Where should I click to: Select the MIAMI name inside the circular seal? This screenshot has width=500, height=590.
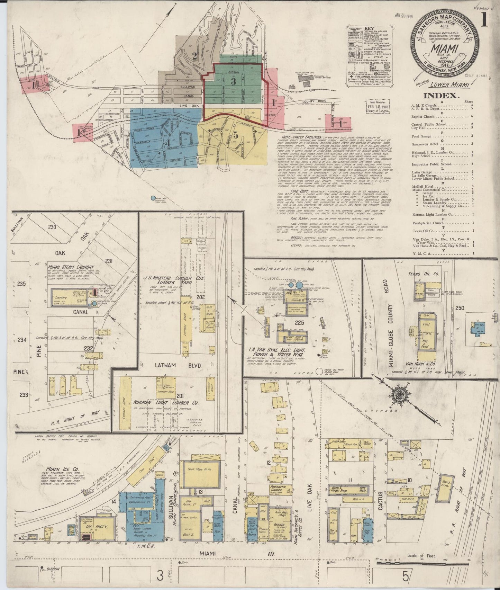(445, 48)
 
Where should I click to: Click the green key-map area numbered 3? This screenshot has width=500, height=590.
(234, 82)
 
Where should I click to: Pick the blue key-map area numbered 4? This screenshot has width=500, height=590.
(168, 142)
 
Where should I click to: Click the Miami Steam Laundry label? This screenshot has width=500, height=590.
(72, 267)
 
